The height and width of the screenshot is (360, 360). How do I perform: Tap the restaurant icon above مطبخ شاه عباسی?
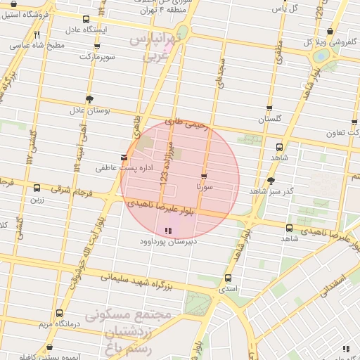[37, 33]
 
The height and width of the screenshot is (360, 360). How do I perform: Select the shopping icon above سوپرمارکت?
[96, 46]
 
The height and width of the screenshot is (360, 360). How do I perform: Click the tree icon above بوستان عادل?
[89, 99]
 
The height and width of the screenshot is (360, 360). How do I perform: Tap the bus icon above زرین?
[37, 188]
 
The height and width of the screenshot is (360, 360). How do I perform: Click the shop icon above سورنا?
[204, 176]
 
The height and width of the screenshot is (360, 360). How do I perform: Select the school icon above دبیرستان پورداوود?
[167, 231]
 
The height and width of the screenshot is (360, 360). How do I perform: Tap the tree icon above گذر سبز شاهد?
[271, 180]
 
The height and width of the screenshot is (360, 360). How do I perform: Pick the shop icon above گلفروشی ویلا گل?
[330, 31]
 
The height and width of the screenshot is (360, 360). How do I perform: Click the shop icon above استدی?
[229, 278]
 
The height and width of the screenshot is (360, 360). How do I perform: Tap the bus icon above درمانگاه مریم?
[58, 313]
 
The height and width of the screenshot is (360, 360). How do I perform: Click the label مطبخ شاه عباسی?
[39, 45]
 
